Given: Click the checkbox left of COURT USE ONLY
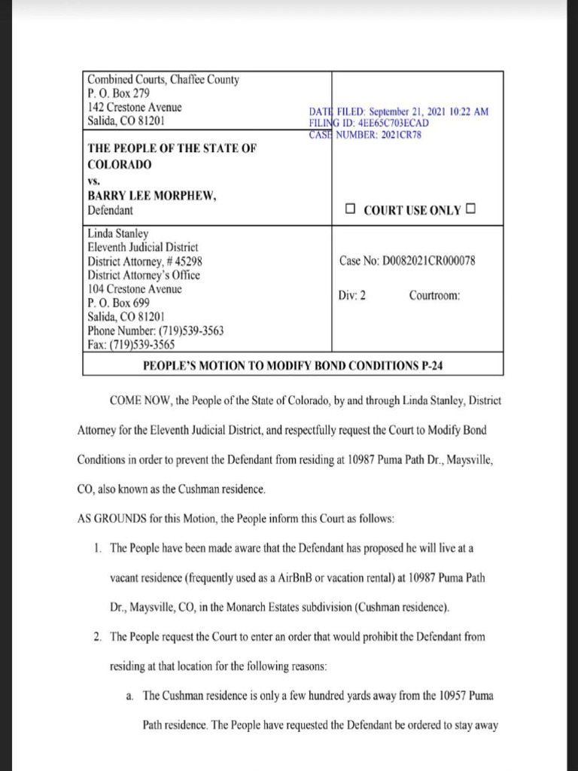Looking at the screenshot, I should pyautogui.click(x=350, y=209).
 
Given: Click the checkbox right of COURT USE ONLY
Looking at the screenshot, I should pyautogui.click(x=470, y=209).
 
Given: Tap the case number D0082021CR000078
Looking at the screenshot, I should pyautogui.click(x=428, y=261).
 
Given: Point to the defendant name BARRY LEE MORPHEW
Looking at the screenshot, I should pyautogui.click(x=153, y=197).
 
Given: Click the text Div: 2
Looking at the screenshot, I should pyautogui.click(x=352, y=295).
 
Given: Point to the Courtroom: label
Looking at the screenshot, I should pyautogui.click(x=434, y=295).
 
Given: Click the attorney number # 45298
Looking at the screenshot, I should pyautogui.click(x=180, y=261).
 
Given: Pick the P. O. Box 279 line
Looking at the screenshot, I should pyautogui.click(x=119, y=93).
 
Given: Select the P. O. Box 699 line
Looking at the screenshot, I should pyautogui.click(x=119, y=303).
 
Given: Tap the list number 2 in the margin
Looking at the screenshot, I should pyautogui.click(x=98, y=636).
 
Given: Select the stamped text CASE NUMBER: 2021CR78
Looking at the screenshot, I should pyautogui.click(x=365, y=135).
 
